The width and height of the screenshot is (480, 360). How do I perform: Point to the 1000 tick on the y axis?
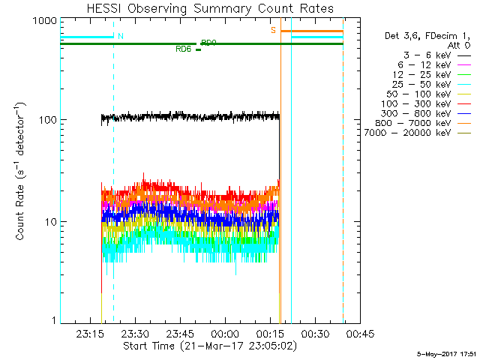pos(45,22)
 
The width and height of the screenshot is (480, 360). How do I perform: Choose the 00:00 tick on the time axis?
pos(225,334)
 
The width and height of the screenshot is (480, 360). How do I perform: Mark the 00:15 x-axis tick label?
pos(270,334)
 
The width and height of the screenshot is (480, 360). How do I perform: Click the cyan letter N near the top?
pos(121,36)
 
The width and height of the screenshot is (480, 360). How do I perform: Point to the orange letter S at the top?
pos(274,31)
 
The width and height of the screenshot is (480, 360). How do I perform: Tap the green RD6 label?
pos(183,49)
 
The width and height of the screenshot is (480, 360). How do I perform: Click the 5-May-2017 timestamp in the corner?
pos(447,353)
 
